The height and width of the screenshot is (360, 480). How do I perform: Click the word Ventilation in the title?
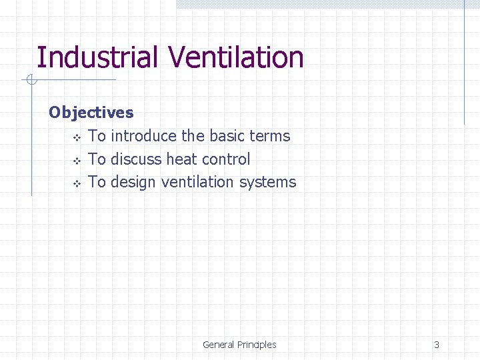[x=236, y=57]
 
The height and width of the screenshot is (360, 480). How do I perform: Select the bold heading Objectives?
[x=91, y=113]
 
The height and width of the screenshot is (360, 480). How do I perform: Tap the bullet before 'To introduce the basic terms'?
[x=77, y=137]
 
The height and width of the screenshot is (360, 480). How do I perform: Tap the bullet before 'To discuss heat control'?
[x=77, y=161]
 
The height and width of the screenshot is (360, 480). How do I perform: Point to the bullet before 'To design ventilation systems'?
[x=77, y=183]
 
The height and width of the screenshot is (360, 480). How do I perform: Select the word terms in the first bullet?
[x=269, y=136]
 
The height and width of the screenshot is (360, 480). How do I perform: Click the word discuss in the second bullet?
[x=136, y=159]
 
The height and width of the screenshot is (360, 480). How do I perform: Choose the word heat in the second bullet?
[x=181, y=159]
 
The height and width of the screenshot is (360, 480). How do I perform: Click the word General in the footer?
[x=218, y=345]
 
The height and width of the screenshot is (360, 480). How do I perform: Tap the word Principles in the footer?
[x=257, y=345]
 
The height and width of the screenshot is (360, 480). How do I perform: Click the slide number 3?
[x=437, y=345]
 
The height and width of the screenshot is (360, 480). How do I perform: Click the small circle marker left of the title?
[x=30, y=81]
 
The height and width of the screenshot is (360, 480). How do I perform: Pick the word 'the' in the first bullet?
[x=193, y=136]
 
